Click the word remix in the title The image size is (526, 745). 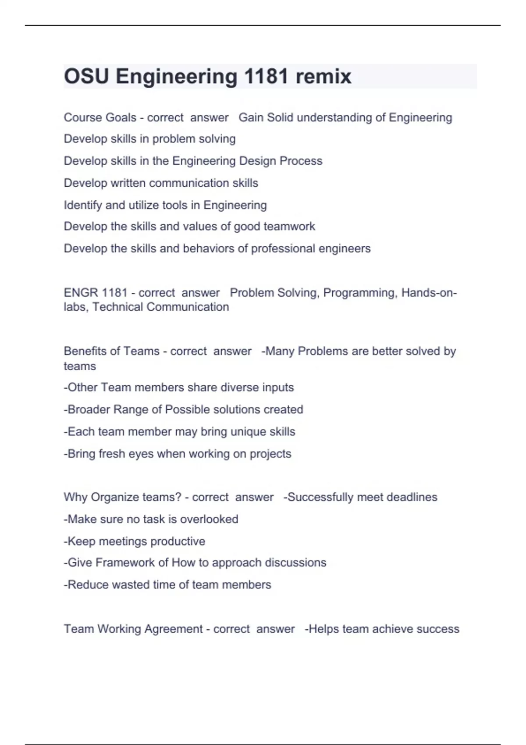(x=323, y=77)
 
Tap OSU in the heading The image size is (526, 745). (x=86, y=77)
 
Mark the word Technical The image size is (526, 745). (x=118, y=307)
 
